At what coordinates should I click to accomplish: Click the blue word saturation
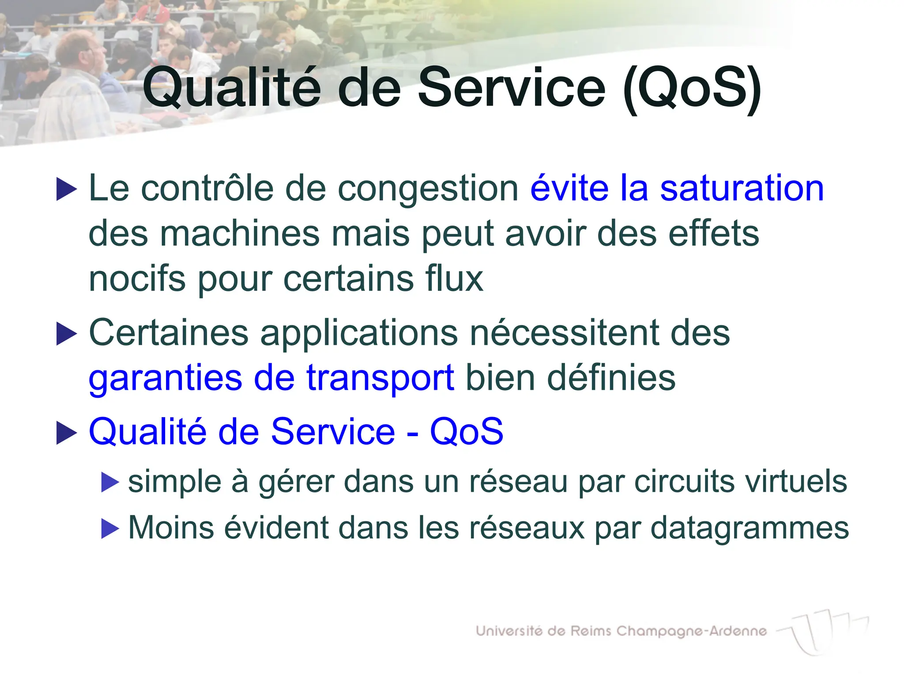(x=742, y=188)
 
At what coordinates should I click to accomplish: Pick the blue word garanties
(x=166, y=378)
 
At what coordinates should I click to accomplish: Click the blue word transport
(x=380, y=378)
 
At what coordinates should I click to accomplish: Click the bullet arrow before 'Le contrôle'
(x=67, y=189)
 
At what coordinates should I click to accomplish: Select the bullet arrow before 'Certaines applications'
(x=67, y=334)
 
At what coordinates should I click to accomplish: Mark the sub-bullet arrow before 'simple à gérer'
(x=110, y=482)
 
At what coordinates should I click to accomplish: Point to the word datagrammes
(x=750, y=528)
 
